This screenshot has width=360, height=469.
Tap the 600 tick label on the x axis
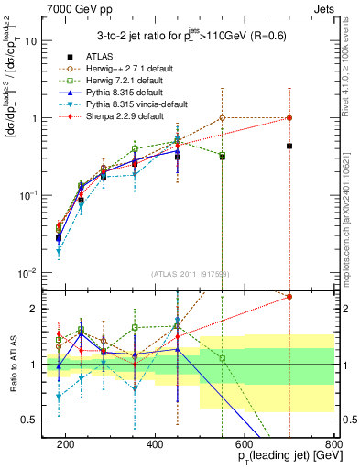(245, 442)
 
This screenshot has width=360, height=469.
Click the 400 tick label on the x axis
(155, 442)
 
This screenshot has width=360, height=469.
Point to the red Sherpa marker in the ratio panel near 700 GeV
(289, 297)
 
